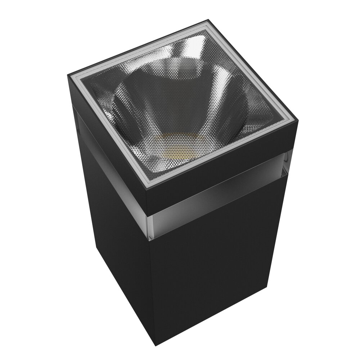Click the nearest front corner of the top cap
[146, 190]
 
